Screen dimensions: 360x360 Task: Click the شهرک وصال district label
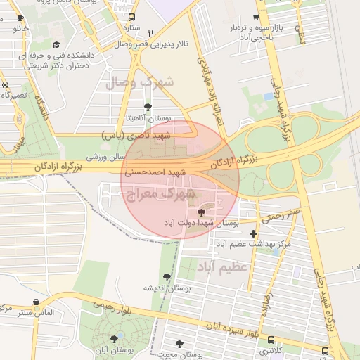click(x=139, y=83)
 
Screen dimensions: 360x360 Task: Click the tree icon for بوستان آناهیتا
click(x=147, y=107)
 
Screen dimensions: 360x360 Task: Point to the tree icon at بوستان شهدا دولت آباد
click(x=202, y=211)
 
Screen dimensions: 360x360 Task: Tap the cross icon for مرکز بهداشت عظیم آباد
click(x=253, y=233)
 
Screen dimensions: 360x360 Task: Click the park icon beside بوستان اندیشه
click(x=167, y=277)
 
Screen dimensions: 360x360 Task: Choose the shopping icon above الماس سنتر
click(x=36, y=302)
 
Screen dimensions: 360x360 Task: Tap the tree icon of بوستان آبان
click(x=114, y=338)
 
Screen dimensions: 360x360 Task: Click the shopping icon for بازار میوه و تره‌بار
click(x=255, y=17)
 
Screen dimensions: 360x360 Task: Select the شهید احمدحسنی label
click(x=155, y=172)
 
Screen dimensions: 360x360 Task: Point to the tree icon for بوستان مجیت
click(x=180, y=345)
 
